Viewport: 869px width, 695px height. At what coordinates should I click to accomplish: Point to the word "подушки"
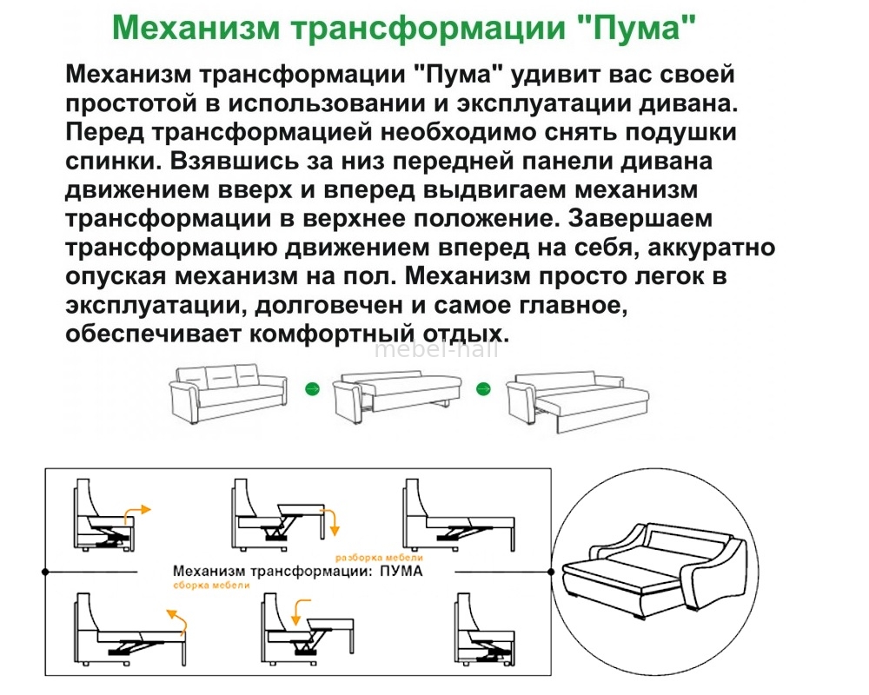[x=681, y=133]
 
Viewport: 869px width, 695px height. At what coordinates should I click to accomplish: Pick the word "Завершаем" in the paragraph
[x=640, y=219]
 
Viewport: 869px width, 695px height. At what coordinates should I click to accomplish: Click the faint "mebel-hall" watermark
[x=436, y=350]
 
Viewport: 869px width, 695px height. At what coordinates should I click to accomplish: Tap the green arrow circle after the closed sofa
[x=313, y=389]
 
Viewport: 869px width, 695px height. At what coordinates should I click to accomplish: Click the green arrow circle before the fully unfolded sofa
[x=484, y=389]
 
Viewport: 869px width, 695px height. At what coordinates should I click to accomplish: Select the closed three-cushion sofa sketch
[x=229, y=394]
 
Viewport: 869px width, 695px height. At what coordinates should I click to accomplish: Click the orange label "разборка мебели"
[x=379, y=558]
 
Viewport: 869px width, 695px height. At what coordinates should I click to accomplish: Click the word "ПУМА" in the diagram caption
[x=401, y=571]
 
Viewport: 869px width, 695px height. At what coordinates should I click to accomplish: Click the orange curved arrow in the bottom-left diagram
[x=177, y=621]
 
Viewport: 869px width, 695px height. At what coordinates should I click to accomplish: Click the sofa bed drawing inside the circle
[x=654, y=571]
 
